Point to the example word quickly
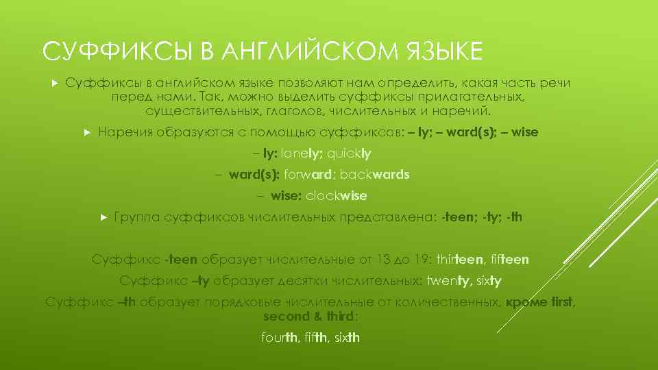pyautogui.click(x=350, y=153)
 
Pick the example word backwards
pyautogui.click(x=375, y=175)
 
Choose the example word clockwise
pyautogui.click(x=337, y=196)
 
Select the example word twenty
pyautogui.click(x=449, y=281)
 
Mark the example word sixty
pyautogui.click(x=489, y=281)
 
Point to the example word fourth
pyautogui.click(x=280, y=337)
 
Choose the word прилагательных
pyautogui.click(x=477, y=97)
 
